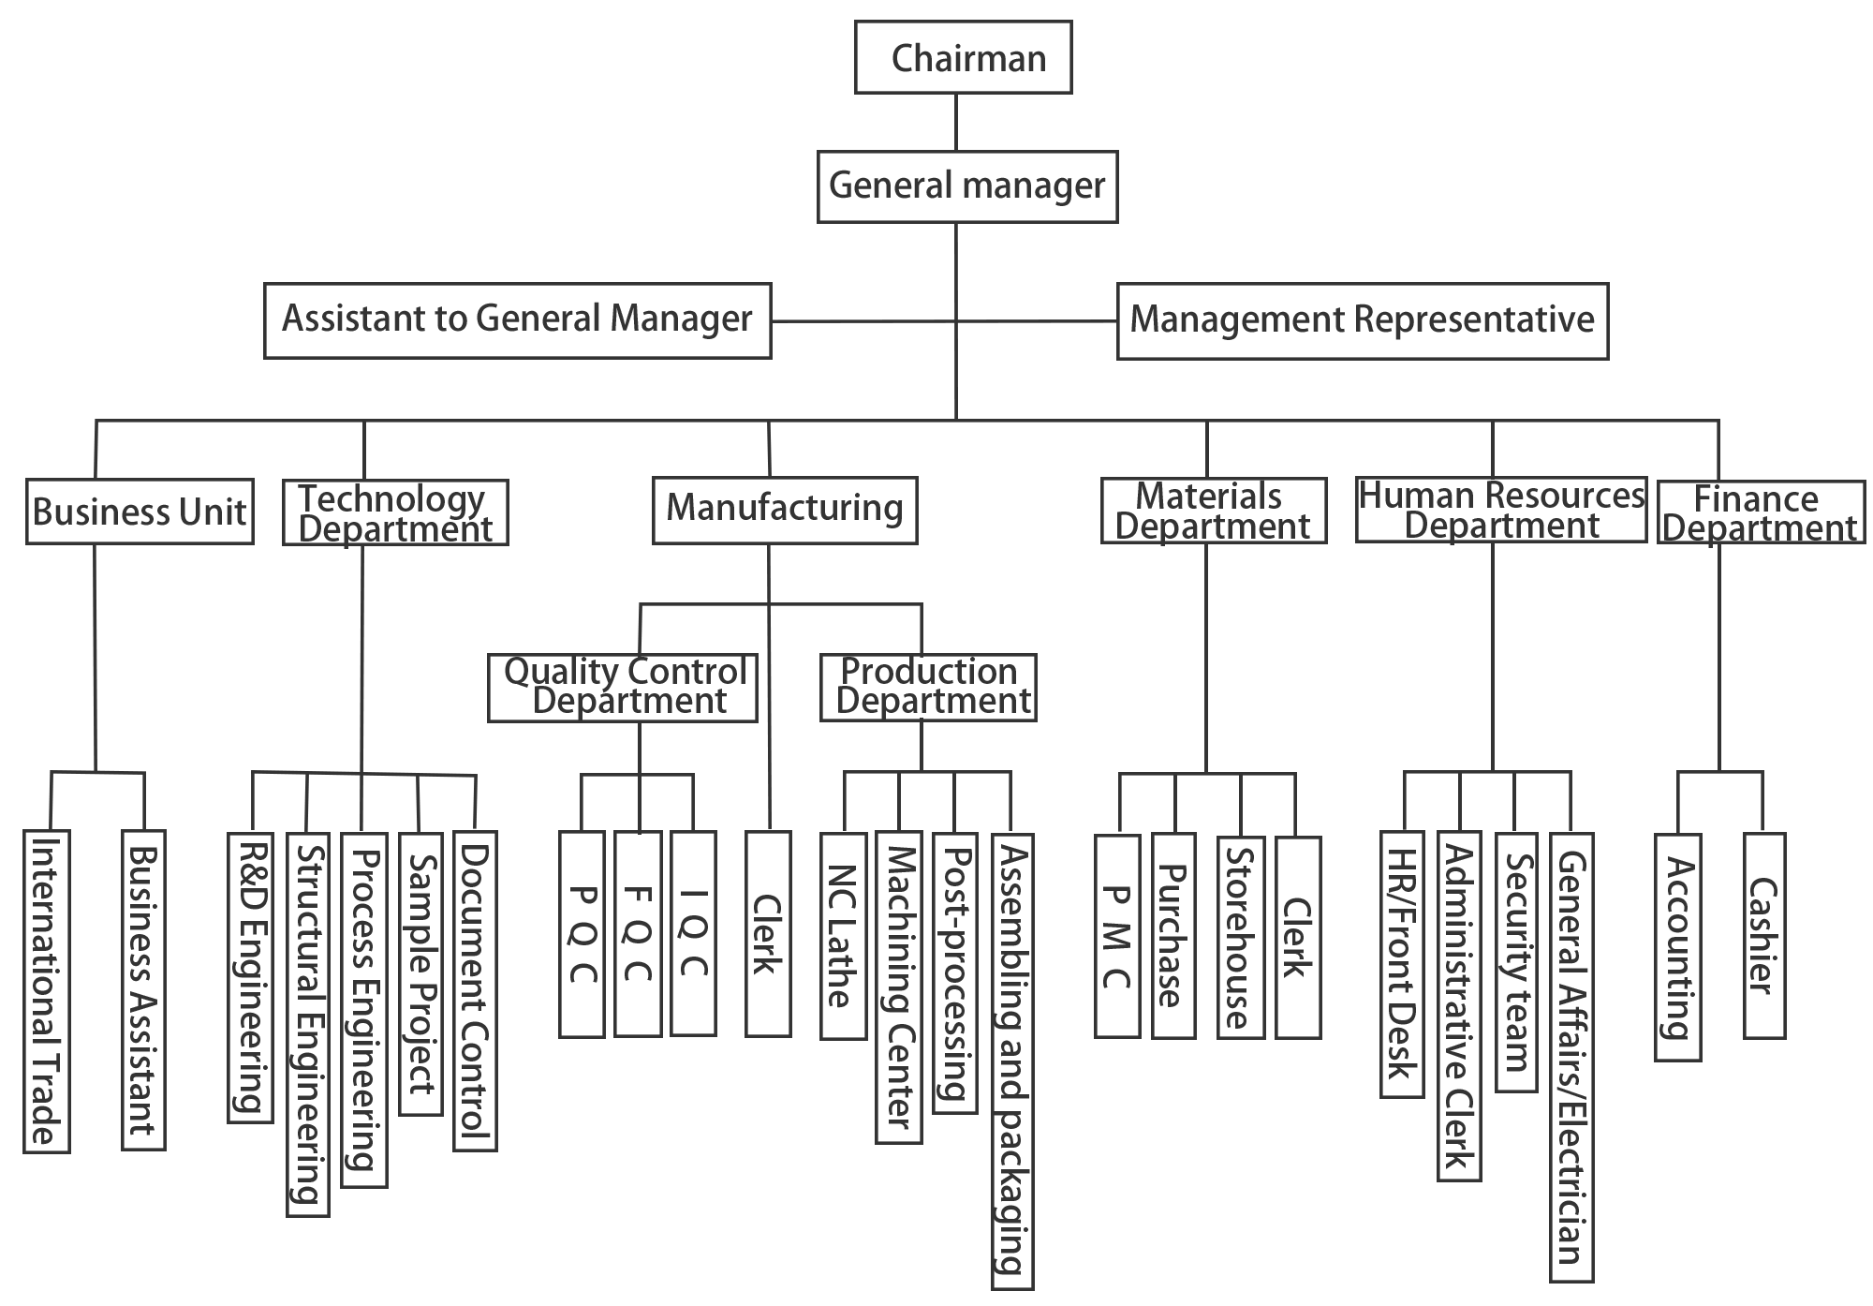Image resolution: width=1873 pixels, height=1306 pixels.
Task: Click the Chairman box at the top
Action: coord(963,57)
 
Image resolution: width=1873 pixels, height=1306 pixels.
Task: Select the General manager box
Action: coord(966,187)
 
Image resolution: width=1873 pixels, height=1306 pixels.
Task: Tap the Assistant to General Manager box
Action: coord(516,320)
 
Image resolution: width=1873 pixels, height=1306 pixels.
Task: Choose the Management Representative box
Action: coord(1362,321)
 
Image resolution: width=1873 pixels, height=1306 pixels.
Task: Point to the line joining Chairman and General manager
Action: coord(955,122)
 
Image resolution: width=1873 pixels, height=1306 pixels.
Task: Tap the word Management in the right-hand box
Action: coord(1241,320)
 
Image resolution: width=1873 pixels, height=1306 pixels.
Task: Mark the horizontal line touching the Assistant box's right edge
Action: coord(862,321)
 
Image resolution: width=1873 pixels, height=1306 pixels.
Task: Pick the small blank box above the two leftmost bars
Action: coord(96,799)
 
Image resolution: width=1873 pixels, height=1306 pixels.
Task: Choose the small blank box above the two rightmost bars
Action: coord(1720,800)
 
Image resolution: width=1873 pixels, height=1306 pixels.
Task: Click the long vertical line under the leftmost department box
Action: coord(95,656)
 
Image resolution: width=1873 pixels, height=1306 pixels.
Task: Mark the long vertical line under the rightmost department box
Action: coord(1718,656)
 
